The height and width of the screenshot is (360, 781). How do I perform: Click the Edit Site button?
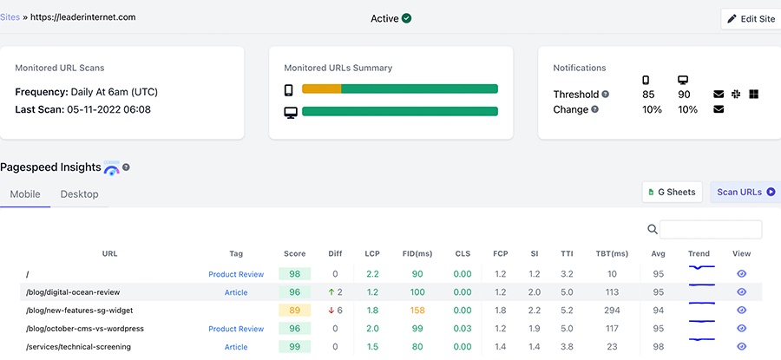(751, 19)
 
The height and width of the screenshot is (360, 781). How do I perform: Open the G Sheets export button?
(672, 192)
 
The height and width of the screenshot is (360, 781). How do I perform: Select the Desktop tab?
(79, 194)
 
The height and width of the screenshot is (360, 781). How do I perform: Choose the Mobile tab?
(25, 194)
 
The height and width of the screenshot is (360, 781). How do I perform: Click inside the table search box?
(711, 229)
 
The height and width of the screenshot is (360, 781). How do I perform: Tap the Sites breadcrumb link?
(10, 16)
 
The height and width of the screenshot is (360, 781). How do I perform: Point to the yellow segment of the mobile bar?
(321, 88)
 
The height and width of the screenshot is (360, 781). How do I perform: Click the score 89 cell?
(294, 311)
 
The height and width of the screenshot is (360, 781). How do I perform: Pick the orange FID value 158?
(417, 311)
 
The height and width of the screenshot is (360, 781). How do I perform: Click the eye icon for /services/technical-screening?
(741, 347)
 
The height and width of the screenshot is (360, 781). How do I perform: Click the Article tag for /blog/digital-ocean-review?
(236, 292)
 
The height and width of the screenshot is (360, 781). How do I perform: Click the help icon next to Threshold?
(606, 95)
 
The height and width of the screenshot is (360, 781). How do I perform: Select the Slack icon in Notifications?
(736, 94)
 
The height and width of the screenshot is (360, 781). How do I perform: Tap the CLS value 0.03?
(463, 329)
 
